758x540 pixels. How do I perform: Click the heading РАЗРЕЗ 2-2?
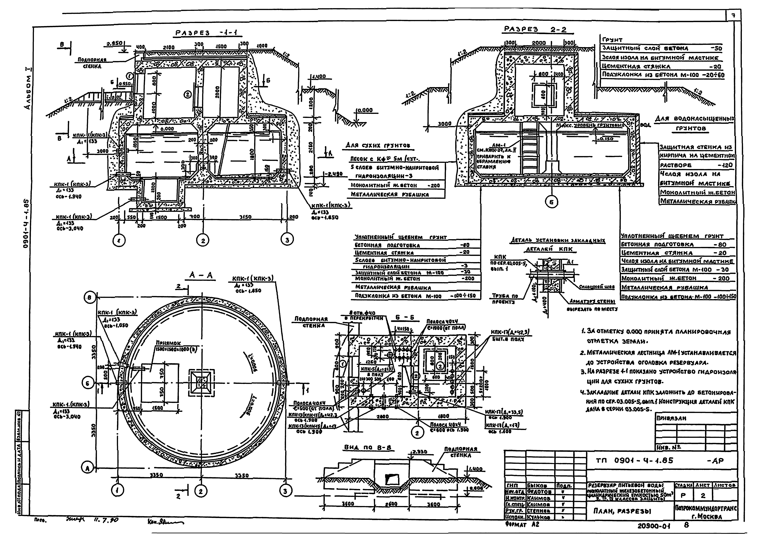coord(535,30)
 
